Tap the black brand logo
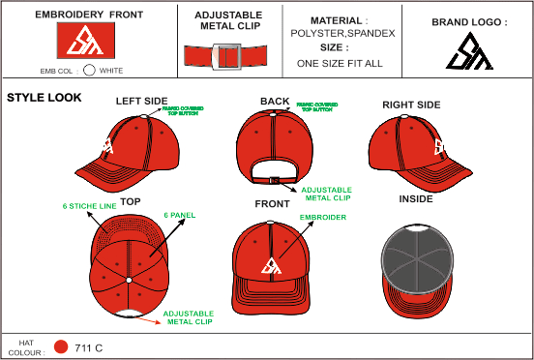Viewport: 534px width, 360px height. tap(469, 52)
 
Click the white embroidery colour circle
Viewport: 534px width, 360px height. tap(89, 70)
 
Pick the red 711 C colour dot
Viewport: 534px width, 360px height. tap(61, 346)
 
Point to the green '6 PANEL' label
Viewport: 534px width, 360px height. tap(181, 214)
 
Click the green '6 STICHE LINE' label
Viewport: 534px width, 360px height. tap(90, 206)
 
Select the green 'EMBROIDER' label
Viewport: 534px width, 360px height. tap(322, 218)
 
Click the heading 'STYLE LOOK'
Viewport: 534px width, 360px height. tap(44, 98)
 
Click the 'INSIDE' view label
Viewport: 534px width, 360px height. tap(416, 199)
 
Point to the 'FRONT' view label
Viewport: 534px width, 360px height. tap(272, 204)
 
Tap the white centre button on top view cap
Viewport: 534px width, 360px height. tap(128, 281)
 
